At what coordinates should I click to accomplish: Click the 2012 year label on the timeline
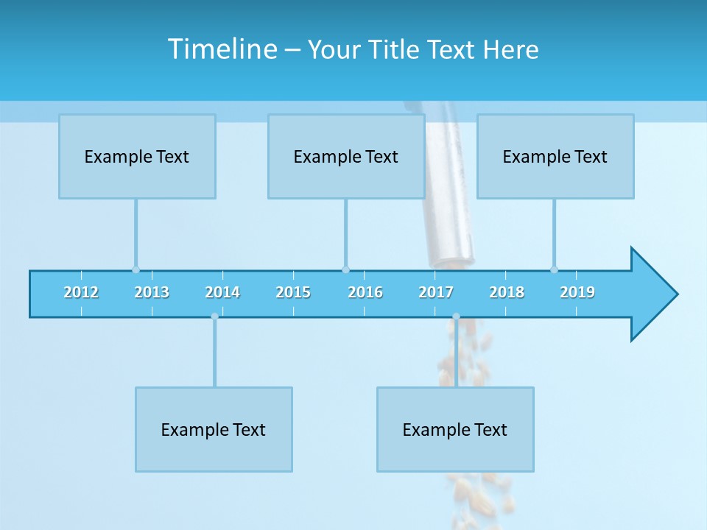pos(81,292)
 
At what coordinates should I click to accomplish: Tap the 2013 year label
pos(152,292)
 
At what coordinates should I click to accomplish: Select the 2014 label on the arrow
pos(222,292)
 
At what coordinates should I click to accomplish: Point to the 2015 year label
pos(293,292)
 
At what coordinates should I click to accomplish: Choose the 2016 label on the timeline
pos(365,292)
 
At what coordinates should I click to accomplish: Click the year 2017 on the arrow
pos(436,292)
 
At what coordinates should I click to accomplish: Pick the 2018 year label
pos(507,292)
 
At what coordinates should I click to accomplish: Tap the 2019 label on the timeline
pos(577,292)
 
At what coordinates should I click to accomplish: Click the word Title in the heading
pos(395,49)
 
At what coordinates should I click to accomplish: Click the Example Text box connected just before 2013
pos(137,156)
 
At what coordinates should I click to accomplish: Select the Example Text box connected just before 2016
pos(346,156)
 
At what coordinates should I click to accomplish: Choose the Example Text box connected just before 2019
pos(555,156)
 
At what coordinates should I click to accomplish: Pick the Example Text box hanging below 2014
pos(214,429)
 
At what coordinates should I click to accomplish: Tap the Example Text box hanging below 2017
pos(455,429)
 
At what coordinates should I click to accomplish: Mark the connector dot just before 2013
pos(136,269)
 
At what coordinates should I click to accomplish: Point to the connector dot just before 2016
pos(345,269)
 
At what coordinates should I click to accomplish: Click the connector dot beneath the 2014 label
pos(214,317)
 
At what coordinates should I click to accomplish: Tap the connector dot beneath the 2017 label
pos(456,317)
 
